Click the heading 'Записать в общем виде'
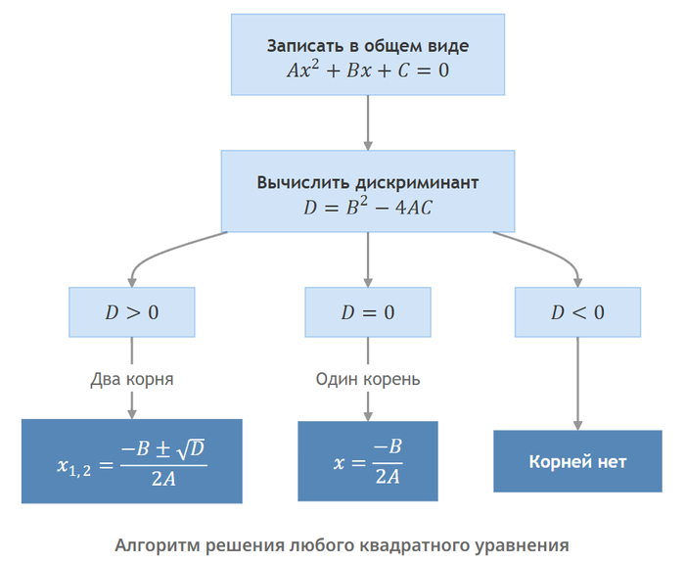(368, 46)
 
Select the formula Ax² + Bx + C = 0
(368, 70)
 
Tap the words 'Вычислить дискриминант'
(368, 182)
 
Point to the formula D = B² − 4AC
(368, 207)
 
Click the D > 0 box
(132, 312)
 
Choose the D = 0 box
(368, 312)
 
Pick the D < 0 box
(577, 312)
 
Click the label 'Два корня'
(132, 379)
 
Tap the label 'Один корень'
(368, 379)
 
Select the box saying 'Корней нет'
(577, 461)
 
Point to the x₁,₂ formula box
(132, 461)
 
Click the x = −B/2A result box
(368, 461)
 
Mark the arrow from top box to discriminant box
(368, 122)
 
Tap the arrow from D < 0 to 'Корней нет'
(577, 384)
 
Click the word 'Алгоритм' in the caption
(158, 545)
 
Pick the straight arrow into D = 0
(368, 259)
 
